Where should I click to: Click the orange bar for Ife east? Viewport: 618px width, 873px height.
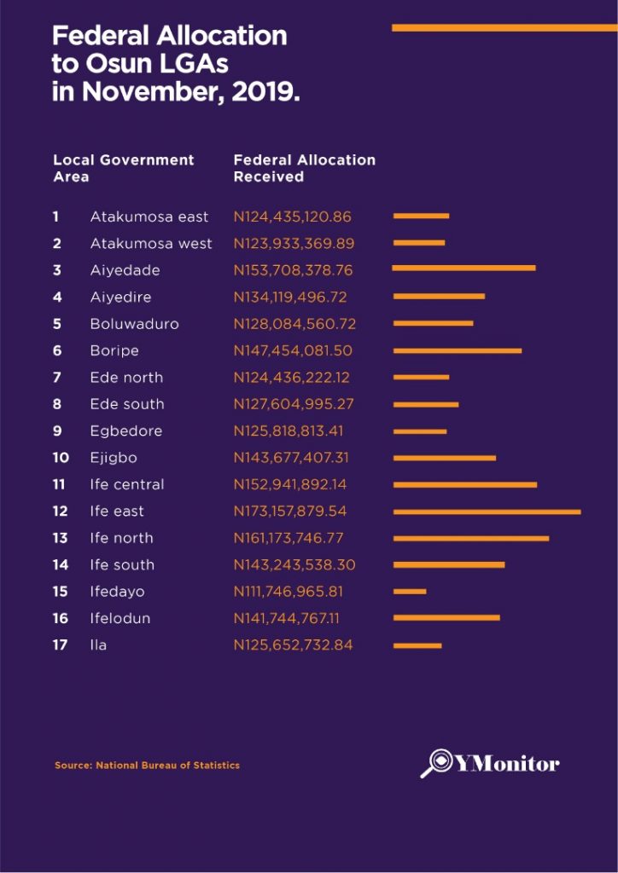pos(487,512)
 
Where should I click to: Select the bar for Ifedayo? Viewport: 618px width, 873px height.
pos(410,592)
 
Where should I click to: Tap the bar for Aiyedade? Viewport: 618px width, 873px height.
pos(463,269)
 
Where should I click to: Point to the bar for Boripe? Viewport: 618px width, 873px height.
pos(457,350)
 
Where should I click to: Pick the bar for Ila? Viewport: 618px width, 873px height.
pos(417,645)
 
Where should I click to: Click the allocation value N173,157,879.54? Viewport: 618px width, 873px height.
pos(294,512)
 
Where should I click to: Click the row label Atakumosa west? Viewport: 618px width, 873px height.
pos(151,244)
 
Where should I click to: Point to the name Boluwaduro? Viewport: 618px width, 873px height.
pos(134,324)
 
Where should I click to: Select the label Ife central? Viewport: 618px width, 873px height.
pos(127,484)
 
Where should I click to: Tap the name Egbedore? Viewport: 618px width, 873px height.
pos(125,431)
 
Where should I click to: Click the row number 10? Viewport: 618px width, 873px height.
pos(61,458)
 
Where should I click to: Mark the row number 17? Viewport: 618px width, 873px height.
pos(60,645)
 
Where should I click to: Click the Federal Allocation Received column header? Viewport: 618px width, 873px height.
pos(304,168)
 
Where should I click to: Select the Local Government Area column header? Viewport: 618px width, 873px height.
pos(123,168)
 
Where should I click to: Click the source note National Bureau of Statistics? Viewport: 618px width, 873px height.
pos(167,766)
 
